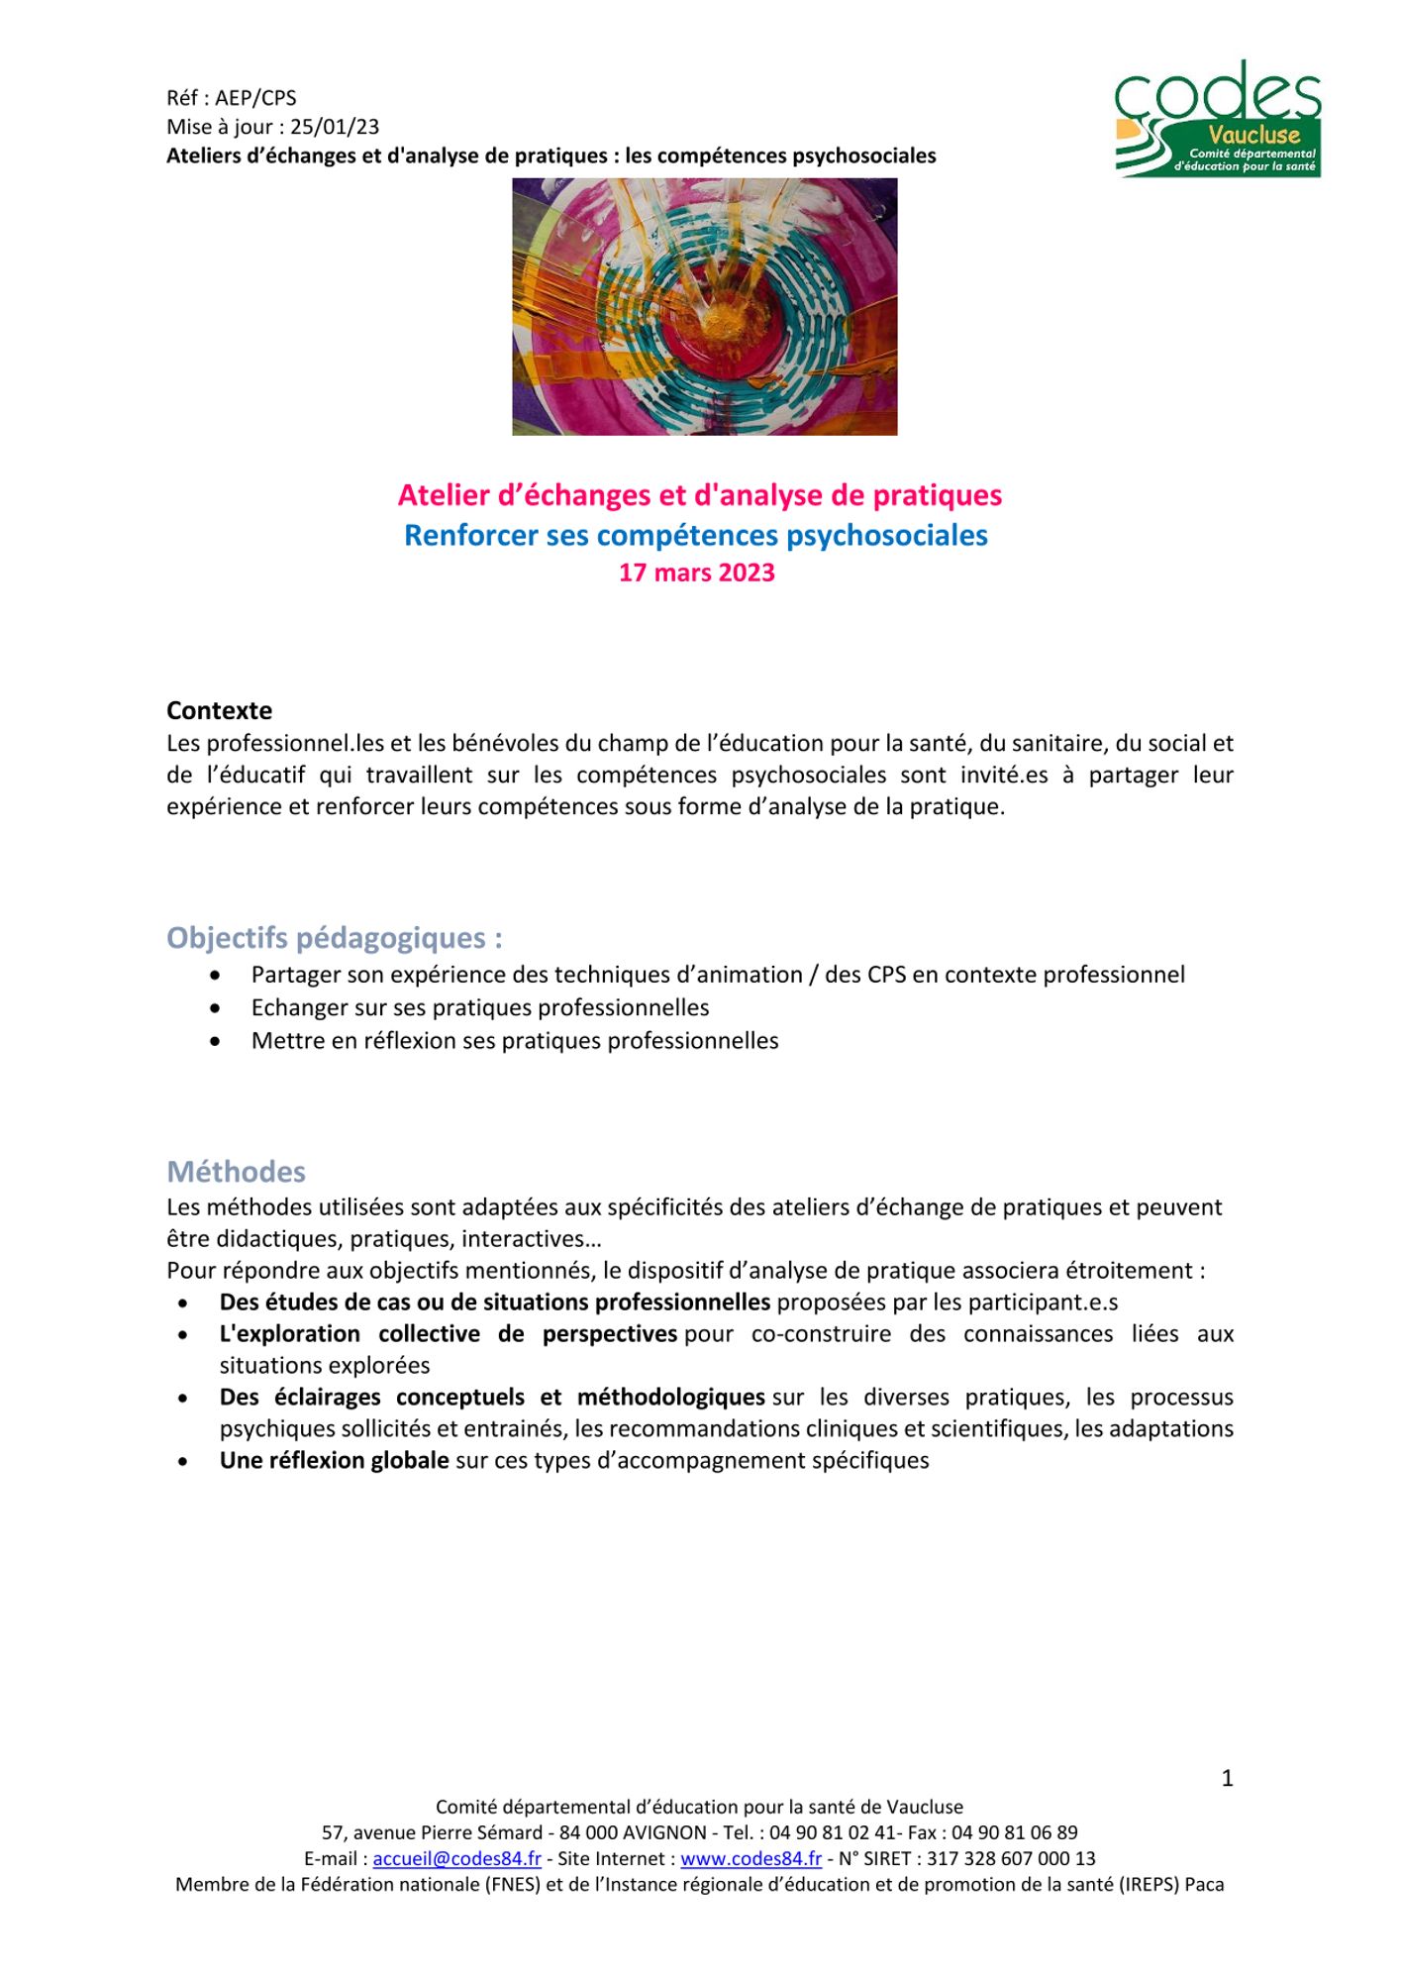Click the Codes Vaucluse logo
[x=1218, y=119]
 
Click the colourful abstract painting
[x=704, y=306]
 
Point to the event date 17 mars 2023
[x=696, y=573]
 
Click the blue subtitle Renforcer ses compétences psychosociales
[x=695, y=535]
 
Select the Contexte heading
[x=219, y=710]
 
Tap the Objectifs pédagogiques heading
[x=334, y=937]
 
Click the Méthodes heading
[x=236, y=1171]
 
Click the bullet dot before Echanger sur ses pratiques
[x=216, y=1008]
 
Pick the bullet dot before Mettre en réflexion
[x=216, y=1041]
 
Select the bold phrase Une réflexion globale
[x=334, y=1460]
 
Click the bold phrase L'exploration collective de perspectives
[x=448, y=1333]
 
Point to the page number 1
[x=1227, y=1778]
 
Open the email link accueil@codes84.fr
[x=456, y=1858]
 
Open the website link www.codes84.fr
[x=751, y=1858]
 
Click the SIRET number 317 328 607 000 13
[x=1011, y=1858]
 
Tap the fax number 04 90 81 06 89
[x=1014, y=1832]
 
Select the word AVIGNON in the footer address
[x=664, y=1832]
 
